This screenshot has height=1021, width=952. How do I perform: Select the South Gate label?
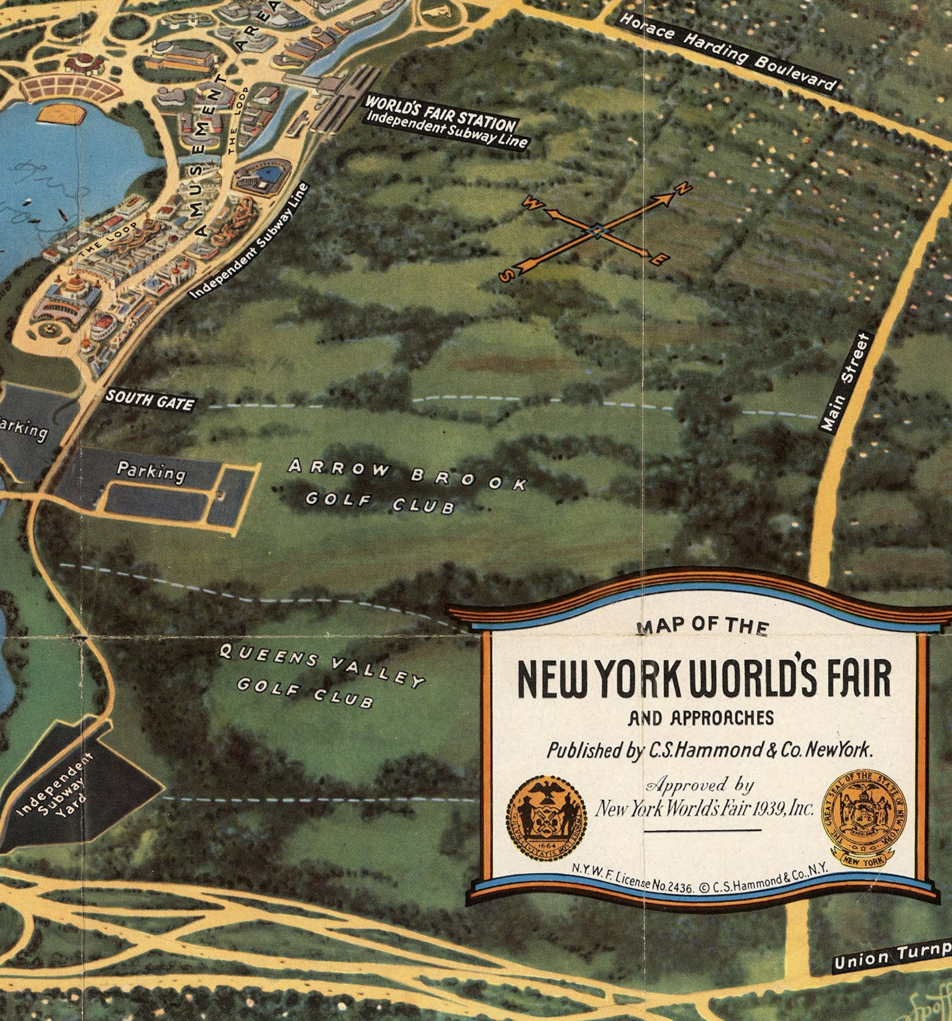[150, 400]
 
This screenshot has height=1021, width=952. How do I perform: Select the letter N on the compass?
[684, 189]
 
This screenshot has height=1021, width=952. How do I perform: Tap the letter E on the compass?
[658, 259]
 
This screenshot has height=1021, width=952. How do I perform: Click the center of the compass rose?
[597, 230]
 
